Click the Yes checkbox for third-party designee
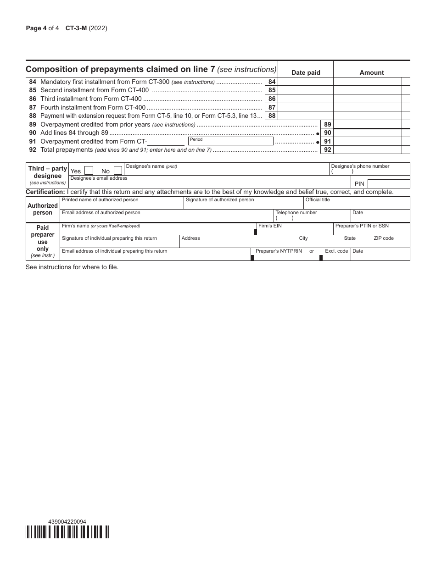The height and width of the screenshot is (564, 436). click(x=89, y=171)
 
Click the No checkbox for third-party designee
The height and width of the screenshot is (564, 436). click(x=118, y=171)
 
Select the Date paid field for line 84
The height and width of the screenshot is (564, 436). click(x=306, y=82)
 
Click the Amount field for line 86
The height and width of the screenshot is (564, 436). click(x=367, y=99)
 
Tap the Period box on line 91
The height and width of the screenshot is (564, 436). click(x=230, y=141)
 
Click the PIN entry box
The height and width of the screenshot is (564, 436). click(x=389, y=183)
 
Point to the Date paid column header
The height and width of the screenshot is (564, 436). click(x=306, y=72)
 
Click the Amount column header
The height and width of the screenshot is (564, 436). click(x=372, y=72)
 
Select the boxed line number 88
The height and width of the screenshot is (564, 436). click(x=272, y=116)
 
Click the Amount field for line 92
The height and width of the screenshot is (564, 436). click(x=367, y=149)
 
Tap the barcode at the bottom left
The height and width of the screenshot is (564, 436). click(x=67, y=531)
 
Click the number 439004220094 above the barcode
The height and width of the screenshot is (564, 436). click(x=67, y=521)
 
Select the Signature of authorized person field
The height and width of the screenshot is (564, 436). click(x=243, y=203)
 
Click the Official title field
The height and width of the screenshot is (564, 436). click(x=356, y=203)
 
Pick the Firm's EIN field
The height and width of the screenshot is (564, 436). click(x=295, y=229)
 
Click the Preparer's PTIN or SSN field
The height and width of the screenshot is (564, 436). click(x=371, y=229)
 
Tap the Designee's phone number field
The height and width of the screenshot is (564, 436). click(x=369, y=169)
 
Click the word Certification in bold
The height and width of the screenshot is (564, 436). click(x=45, y=192)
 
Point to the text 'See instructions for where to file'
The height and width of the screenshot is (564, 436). click(x=72, y=267)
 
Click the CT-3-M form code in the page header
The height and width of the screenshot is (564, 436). click(x=76, y=28)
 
